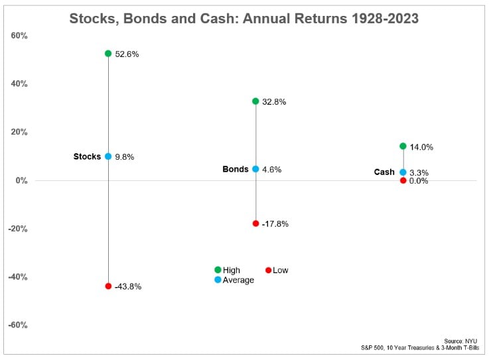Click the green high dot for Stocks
(x=108, y=53)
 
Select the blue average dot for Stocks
(x=108, y=156)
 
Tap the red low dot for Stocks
(x=108, y=286)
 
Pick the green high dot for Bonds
(x=255, y=101)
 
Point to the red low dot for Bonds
(x=255, y=223)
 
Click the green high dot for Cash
(x=403, y=146)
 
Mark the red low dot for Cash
(x=403, y=180)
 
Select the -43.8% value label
(x=128, y=287)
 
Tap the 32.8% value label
(x=274, y=102)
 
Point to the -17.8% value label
(x=275, y=224)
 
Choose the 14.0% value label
(x=421, y=147)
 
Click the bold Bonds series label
(x=236, y=169)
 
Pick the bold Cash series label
(x=384, y=172)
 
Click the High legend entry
(x=232, y=270)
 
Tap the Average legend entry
(x=238, y=280)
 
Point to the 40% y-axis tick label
(x=19, y=84)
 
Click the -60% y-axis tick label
(x=18, y=326)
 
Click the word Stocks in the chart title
(x=94, y=19)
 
